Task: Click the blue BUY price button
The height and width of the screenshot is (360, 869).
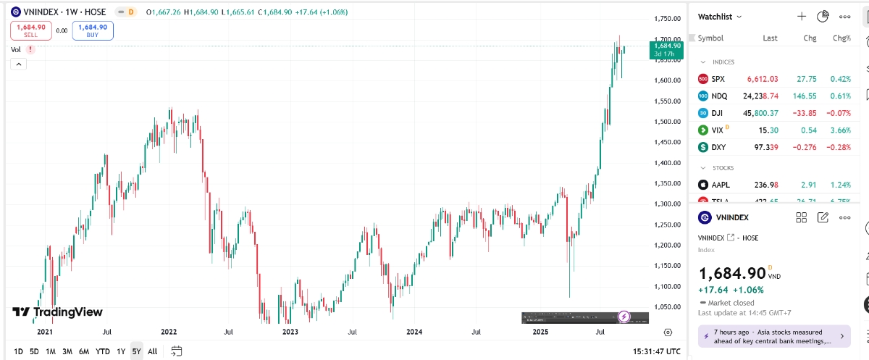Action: pos(93,30)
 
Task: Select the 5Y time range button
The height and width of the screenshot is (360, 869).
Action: pos(136,351)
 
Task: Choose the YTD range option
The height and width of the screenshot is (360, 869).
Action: pos(103,351)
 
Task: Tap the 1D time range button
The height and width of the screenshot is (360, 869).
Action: pos(18,351)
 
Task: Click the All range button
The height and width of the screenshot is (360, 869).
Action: pos(152,351)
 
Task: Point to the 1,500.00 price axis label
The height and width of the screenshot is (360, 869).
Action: pos(666,122)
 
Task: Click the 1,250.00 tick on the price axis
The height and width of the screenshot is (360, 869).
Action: pos(666,225)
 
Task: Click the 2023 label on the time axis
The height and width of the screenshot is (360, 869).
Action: pos(290,332)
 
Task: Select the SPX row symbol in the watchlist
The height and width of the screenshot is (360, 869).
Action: pos(718,79)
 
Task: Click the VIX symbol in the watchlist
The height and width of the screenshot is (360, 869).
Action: pos(718,130)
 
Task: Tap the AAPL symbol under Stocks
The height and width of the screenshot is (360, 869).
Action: pos(720,185)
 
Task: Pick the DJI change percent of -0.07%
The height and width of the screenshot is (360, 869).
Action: pos(839,113)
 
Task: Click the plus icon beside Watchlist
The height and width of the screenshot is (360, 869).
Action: pos(802,16)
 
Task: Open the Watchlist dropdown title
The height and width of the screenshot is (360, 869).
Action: pos(719,16)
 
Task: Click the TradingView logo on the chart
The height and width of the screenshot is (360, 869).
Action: pos(58,312)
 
